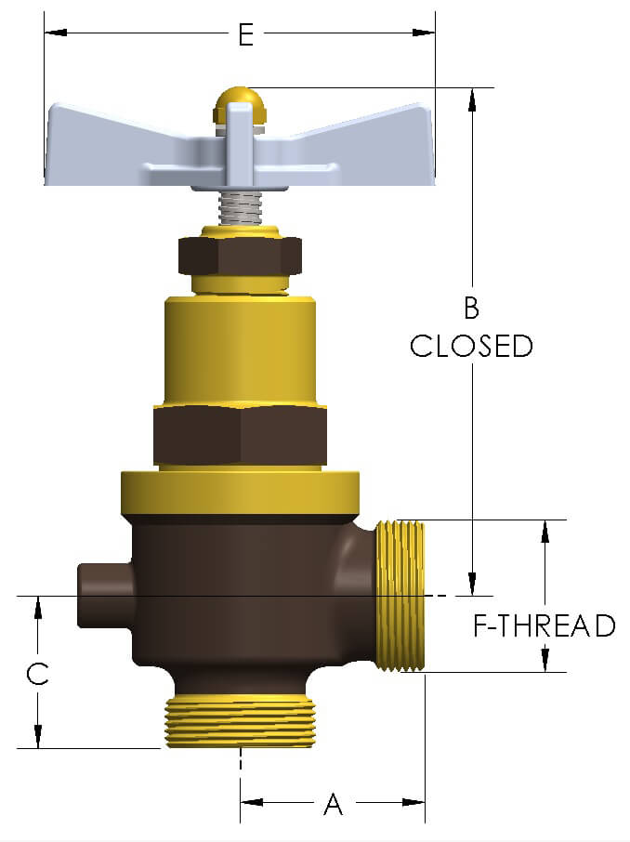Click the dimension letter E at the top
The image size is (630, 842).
(x=246, y=34)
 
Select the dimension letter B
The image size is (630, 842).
(x=471, y=309)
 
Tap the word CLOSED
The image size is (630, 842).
(x=471, y=346)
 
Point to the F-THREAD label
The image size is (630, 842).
(x=545, y=625)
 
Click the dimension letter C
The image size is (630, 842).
(x=37, y=674)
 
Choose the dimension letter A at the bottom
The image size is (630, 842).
(x=333, y=804)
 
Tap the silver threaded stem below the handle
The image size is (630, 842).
(x=241, y=208)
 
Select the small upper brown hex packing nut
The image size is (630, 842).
(x=240, y=255)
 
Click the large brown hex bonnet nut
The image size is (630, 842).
(x=240, y=436)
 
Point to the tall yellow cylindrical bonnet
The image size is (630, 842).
(x=240, y=349)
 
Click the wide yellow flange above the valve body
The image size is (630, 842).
(x=240, y=493)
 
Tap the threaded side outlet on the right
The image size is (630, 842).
(x=400, y=596)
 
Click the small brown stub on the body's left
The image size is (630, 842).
(x=105, y=595)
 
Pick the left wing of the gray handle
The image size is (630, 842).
(x=126, y=146)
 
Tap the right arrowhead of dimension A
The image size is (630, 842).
(x=413, y=802)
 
